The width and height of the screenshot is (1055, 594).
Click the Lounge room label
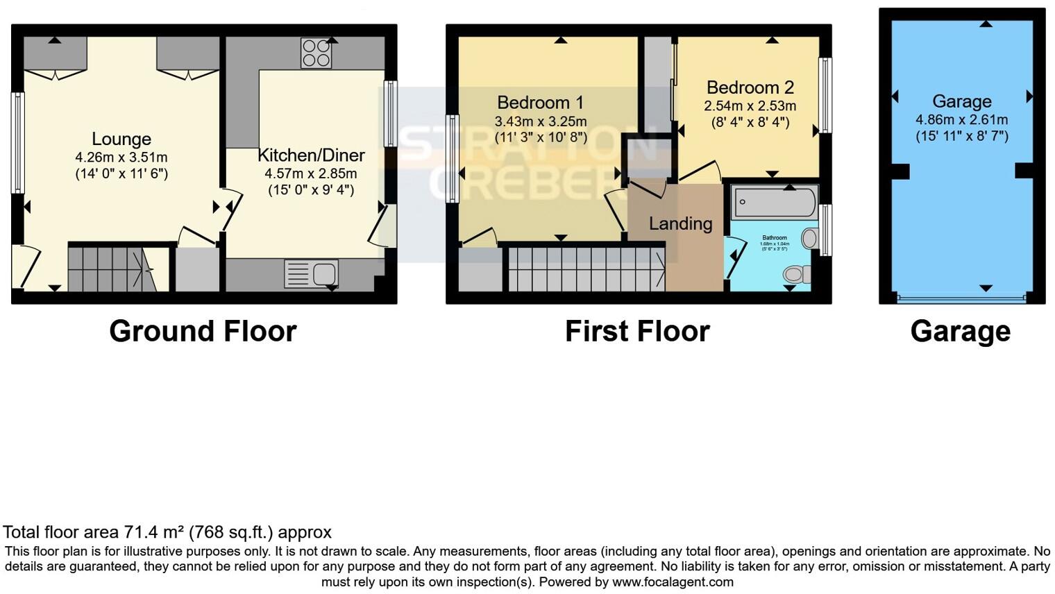(x=121, y=139)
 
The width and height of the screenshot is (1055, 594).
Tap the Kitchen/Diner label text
(x=311, y=155)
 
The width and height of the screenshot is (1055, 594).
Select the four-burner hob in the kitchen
(x=316, y=53)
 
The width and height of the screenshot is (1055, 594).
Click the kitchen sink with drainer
(x=311, y=273)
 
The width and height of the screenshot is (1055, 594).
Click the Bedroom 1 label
(x=541, y=103)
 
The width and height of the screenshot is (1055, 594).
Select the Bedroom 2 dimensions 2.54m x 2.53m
(x=750, y=106)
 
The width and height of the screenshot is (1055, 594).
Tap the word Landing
(x=680, y=223)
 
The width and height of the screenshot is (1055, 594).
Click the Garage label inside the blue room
(x=961, y=101)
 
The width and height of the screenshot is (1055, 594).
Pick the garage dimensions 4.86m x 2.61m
(x=961, y=119)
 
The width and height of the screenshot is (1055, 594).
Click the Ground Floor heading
(x=203, y=331)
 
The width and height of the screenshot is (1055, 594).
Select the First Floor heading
(x=637, y=331)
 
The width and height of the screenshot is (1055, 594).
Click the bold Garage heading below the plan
(x=960, y=331)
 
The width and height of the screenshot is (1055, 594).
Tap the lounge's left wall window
(x=17, y=142)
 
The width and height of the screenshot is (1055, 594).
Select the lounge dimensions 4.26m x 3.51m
(x=121, y=157)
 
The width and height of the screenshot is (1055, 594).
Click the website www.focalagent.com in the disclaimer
(x=673, y=582)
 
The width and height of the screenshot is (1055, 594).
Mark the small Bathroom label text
(x=774, y=237)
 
